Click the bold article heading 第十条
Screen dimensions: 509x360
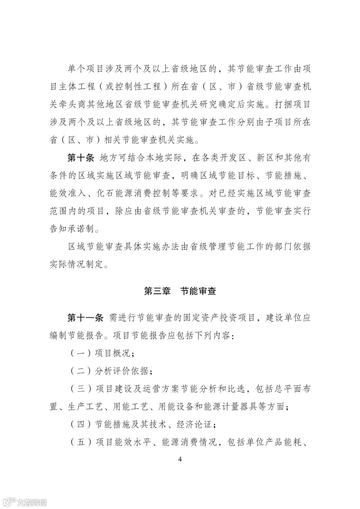coord(81,158)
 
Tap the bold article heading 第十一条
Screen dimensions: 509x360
coord(85,318)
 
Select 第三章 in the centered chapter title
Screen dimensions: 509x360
coord(157,291)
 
